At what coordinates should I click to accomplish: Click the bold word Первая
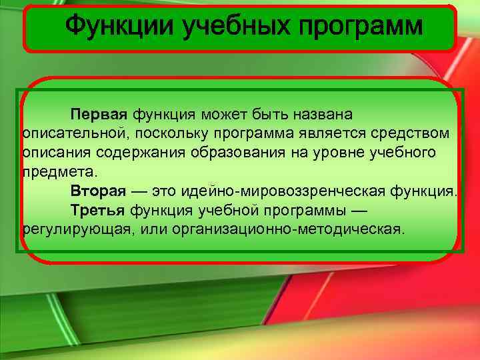click(x=98, y=115)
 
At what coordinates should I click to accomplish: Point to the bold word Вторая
click(x=98, y=191)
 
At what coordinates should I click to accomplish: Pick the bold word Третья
click(x=97, y=211)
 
